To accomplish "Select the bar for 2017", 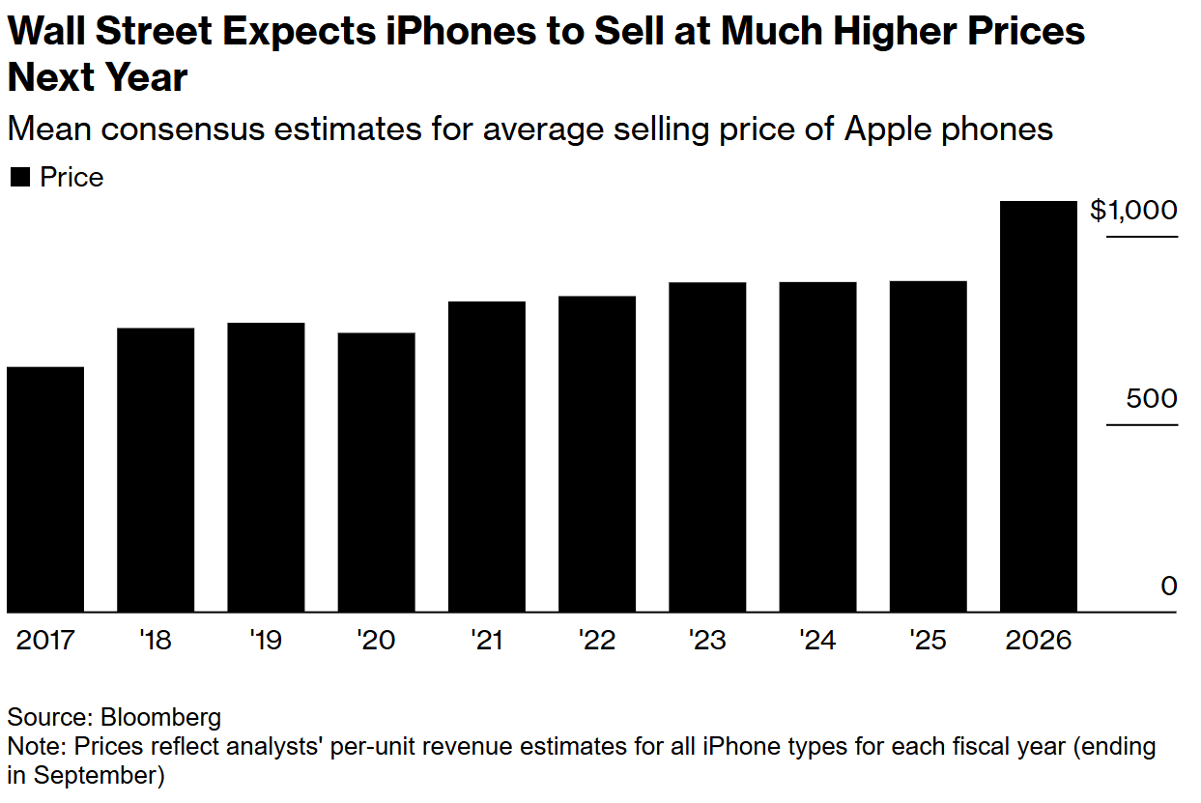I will tap(44, 489).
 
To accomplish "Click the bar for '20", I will tap(376, 473).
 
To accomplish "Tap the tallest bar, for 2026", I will tap(1038, 406).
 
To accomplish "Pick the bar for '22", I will tap(596, 454).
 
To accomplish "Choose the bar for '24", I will tap(817, 446).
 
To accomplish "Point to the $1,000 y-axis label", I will tap(1133, 211).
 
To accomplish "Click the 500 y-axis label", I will tap(1151, 399).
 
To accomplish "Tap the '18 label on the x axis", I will tap(156, 641).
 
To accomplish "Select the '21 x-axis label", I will tap(486, 641).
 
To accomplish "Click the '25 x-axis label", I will tap(928, 641).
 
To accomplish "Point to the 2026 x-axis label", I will tap(1039, 641).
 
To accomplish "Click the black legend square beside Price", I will tap(19, 178).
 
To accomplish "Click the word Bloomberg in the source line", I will tap(160, 717).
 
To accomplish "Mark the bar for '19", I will tap(266, 468).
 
